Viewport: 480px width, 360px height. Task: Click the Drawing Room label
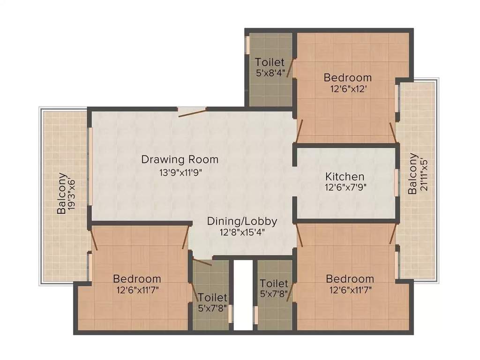pos(180,159)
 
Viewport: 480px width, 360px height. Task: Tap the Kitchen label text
pos(345,177)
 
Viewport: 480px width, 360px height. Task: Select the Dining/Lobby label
pos(242,221)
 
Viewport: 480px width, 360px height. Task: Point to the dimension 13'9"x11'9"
pos(180,172)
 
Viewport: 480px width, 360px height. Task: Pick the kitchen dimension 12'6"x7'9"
pos(345,187)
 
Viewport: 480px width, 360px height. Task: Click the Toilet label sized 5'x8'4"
pos(270,67)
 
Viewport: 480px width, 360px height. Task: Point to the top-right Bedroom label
pos(348,77)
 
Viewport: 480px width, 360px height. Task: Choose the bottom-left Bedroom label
pos(137,279)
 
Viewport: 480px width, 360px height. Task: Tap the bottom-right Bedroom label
pos(350,279)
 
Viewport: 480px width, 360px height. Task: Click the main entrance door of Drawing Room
pos(192,111)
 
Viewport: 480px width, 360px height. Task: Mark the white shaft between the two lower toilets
pos(243,295)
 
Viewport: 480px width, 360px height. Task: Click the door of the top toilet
pos(291,68)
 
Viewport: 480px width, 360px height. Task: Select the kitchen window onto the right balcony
pos(397,183)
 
